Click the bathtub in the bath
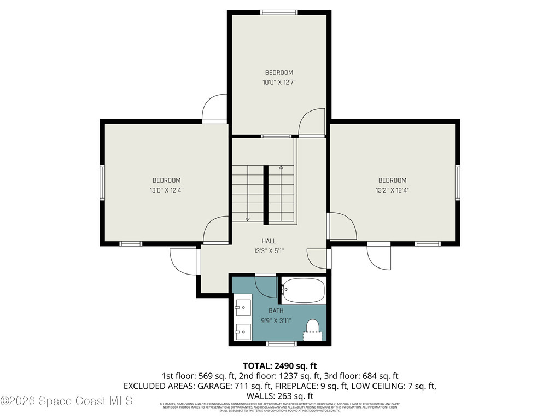coord(304,290)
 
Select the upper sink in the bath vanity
coord(243,308)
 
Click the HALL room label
coord(269,241)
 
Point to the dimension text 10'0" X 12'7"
coord(279,83)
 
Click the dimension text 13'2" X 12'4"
coord(392,191)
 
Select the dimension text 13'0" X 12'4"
coord(166,191)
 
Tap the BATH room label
coord(276,311)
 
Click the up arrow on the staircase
coord(281,167)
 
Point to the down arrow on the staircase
coord(248,219)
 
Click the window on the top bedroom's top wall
coord(279,12)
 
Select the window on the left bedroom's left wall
coord(102,182)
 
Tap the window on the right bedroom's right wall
coord(458,182)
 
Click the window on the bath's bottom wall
coord(281,343)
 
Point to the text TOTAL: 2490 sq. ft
coord(280,365)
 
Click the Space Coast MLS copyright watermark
coord(66,401)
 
